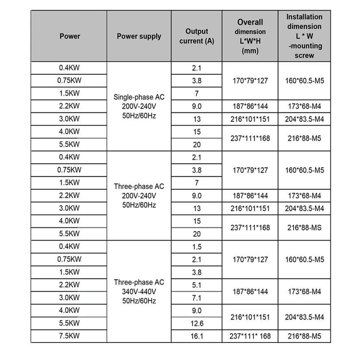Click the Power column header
point(70,36)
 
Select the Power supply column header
point(139,36)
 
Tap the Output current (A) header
point(196,36)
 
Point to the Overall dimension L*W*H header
point(250,36)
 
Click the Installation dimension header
point(304,36)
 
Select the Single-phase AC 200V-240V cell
point(139,106)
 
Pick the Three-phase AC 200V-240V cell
point(139,196)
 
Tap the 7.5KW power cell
point(70,336)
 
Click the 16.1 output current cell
point(196,336)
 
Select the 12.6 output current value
point(196,323)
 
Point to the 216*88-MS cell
point(304,227)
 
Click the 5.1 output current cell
point(196,285)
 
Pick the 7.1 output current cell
point(196,298)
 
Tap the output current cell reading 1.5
point(196,247)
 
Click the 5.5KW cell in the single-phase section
point(70,144)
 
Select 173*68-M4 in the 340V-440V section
point(304,292)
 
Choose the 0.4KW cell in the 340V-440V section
point(70,247)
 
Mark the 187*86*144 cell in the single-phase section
point(250,106)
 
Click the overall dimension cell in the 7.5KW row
point(250,336)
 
